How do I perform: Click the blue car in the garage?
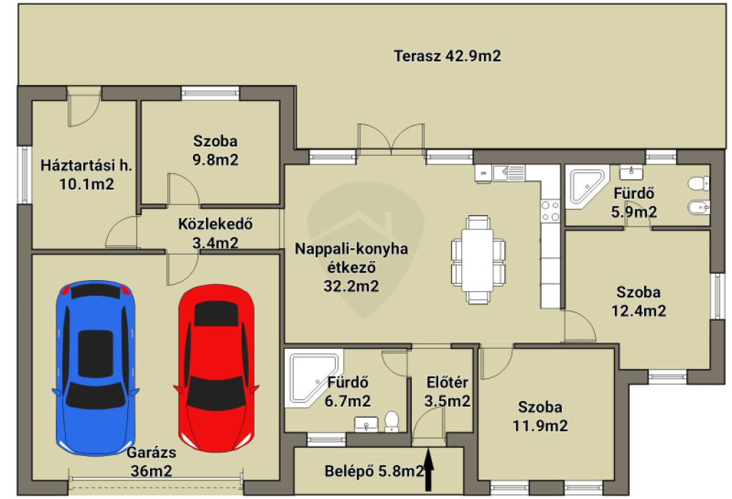(x=95, y=368)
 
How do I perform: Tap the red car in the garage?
(x=216, y=368)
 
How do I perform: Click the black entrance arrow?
(x=429, y=470)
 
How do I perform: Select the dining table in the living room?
(x=478, y=260)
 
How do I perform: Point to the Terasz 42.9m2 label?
(x=447, y=56)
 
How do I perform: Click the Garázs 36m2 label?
(x=152, y=461)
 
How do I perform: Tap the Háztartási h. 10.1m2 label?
(x=86, y=174)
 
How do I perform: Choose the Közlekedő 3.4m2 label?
(x=215, y=233)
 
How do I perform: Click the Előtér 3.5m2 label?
(x=447, y=392)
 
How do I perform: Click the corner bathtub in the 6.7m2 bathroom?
(x=312, y=377)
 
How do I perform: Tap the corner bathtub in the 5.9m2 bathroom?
(x=588, y=186)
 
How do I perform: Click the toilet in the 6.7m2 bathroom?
(x=391, y=421)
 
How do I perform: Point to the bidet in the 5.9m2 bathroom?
(x=699, y=207)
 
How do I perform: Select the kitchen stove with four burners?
(x=550, y=211)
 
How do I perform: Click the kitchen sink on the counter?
(x=509, y=173)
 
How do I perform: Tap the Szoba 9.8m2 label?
(x=215, y=150)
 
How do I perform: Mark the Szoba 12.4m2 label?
(x=638, y=302)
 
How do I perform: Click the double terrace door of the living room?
(x=391, y=139)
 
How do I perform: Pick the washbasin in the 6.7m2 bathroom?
(x=366, y=425)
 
